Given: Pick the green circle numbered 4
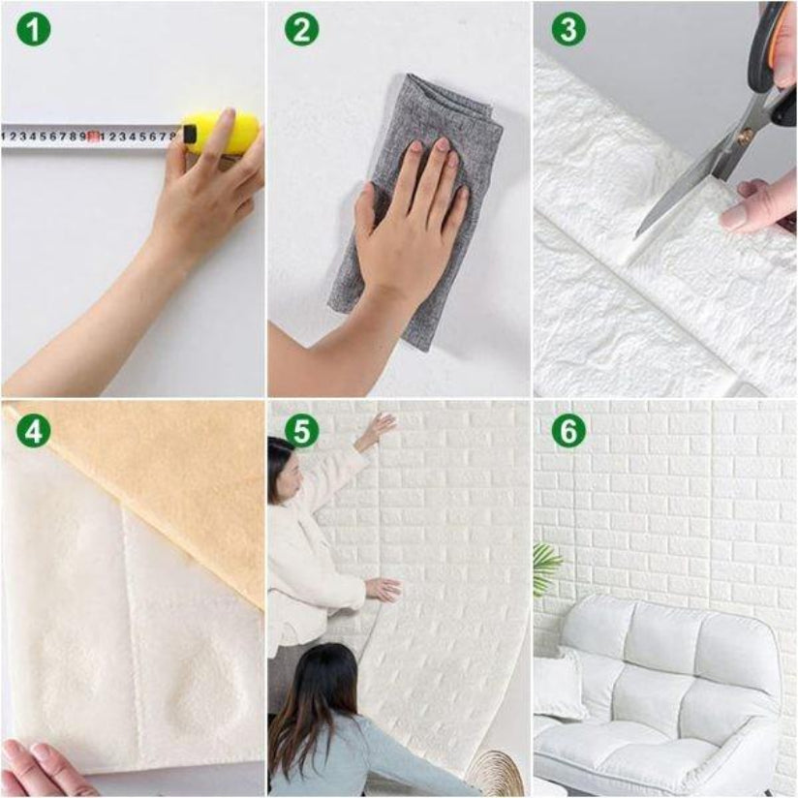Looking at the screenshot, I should [x=33, y=432].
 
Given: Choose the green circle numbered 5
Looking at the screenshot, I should [x=301, y=432].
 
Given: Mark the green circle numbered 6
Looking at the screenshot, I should [x=568, y=432].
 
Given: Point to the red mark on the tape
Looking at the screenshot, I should [x=92, y=137].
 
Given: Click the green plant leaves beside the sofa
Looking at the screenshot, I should [x=545, y=567].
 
